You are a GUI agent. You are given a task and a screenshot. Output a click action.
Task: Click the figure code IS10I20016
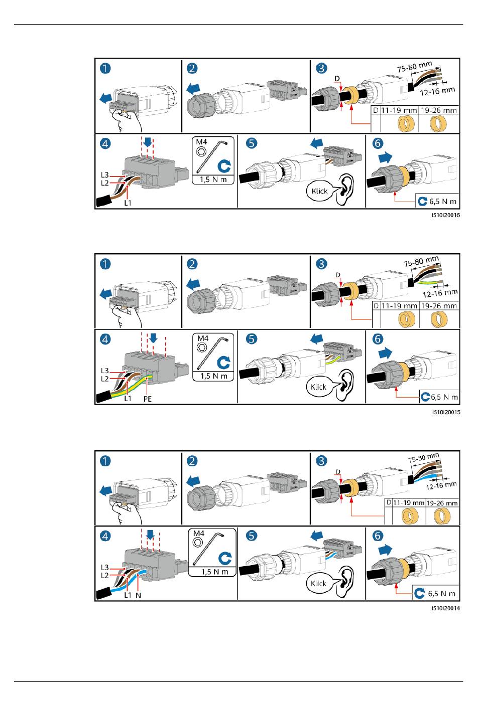(x=445, y=215)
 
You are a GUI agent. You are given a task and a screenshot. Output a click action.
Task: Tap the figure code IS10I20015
(x=446, y=412)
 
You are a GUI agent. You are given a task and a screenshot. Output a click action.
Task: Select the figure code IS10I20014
(x=445, y=608)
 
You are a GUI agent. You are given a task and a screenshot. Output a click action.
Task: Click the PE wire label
(x=148, y=399)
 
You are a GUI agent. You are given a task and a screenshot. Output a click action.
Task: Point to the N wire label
(x=138, y=595)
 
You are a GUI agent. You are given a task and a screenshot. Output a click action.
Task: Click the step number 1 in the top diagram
(x=105, y=68)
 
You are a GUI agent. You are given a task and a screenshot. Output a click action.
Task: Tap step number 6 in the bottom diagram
(x=378, y=536)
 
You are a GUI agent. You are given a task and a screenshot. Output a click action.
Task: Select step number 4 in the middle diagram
(x=105, y=339)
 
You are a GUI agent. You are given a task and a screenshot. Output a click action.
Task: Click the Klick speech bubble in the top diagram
(x=319, y=191)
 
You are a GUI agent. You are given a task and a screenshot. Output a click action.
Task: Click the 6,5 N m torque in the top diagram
(x=442, y=202)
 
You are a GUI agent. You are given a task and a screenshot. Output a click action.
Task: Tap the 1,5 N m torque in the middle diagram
(x=214, y=376)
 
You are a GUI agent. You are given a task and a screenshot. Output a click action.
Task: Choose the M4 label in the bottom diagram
(x=199, y=533)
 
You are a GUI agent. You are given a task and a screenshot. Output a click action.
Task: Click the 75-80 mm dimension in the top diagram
(x=415, y=67)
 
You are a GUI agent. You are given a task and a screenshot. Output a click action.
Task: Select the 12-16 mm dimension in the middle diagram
(x=440, y=293)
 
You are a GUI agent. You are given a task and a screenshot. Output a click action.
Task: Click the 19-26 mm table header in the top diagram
(x=439, y=110)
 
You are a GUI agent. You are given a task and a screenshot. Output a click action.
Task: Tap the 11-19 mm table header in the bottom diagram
(x=409, y=503)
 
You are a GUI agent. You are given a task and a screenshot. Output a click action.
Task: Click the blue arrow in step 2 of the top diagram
(x=193, y=89)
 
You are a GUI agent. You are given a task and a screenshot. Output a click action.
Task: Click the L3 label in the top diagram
(x=105, y=175)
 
